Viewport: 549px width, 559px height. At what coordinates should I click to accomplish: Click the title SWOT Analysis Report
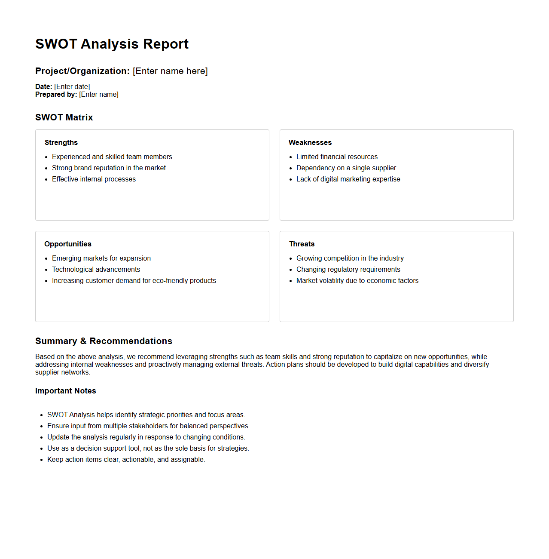[112, 44]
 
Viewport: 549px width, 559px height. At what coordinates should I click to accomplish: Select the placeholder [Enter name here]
[170, 71]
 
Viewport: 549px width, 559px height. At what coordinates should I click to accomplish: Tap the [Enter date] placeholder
[72, 86]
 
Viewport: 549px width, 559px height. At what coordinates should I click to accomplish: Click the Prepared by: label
[56, 94]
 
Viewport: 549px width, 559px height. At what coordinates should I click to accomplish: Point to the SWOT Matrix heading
[64, 117]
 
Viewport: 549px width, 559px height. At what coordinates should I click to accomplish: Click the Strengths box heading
[61, 142]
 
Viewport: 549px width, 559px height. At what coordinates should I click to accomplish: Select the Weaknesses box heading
[310, 142]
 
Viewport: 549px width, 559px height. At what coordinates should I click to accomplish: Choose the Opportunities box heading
[68, 244]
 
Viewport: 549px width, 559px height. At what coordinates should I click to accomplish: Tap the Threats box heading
[302, 244]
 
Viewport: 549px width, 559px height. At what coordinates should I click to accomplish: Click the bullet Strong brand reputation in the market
[109, 168]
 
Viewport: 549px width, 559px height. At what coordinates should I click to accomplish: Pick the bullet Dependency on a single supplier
[346, 168]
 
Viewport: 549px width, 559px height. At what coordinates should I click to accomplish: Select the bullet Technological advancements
[96, 269]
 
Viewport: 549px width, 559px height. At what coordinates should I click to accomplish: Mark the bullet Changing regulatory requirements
[348, 269]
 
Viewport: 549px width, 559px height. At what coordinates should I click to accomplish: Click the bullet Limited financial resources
[337, 157]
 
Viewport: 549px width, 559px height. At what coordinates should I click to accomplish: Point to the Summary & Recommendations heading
[104, 341]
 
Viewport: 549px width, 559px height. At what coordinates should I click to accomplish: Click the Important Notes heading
[66, 391]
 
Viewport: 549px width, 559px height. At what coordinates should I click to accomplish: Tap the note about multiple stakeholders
[148, 426]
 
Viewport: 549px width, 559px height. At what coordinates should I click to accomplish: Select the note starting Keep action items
[126, 459]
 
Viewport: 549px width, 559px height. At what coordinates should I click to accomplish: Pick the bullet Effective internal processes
[94, 179]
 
